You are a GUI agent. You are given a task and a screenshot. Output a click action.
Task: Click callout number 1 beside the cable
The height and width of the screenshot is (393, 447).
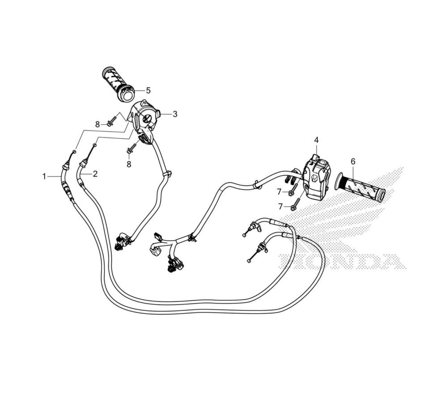(x=44, y=176)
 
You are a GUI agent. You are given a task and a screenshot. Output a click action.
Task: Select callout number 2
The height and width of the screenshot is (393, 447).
(x=95, y=174)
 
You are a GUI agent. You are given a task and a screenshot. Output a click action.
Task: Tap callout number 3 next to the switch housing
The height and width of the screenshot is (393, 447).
(x=175, y=114)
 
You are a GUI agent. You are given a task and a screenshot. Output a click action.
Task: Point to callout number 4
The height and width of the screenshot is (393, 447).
(x=316, y=140)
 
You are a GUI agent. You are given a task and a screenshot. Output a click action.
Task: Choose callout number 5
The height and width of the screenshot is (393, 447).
(x=148, y=91)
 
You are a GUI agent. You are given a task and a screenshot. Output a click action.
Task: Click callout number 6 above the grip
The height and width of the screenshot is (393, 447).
(x=353, y=161)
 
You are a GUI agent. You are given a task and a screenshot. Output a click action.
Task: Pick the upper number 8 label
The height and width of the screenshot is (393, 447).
(x=97, y=123)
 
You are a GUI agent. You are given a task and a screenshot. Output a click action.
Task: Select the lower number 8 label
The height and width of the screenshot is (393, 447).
(x=129, y=164)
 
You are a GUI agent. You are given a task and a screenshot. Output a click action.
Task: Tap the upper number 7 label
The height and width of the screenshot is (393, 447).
(x=279, y=192)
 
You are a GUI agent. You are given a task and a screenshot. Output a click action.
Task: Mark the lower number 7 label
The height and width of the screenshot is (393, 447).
(x=280, y=206)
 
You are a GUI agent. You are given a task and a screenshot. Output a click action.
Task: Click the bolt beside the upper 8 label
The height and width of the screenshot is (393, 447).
(x=111, y=121)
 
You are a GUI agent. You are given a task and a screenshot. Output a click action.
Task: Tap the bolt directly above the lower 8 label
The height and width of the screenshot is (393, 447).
(x=131, y=149)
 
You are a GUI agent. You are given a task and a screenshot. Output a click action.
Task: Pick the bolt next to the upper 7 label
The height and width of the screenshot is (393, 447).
(x=294, y=189)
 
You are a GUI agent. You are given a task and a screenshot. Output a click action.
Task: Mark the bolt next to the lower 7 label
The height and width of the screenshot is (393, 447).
(x=296, y=205)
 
